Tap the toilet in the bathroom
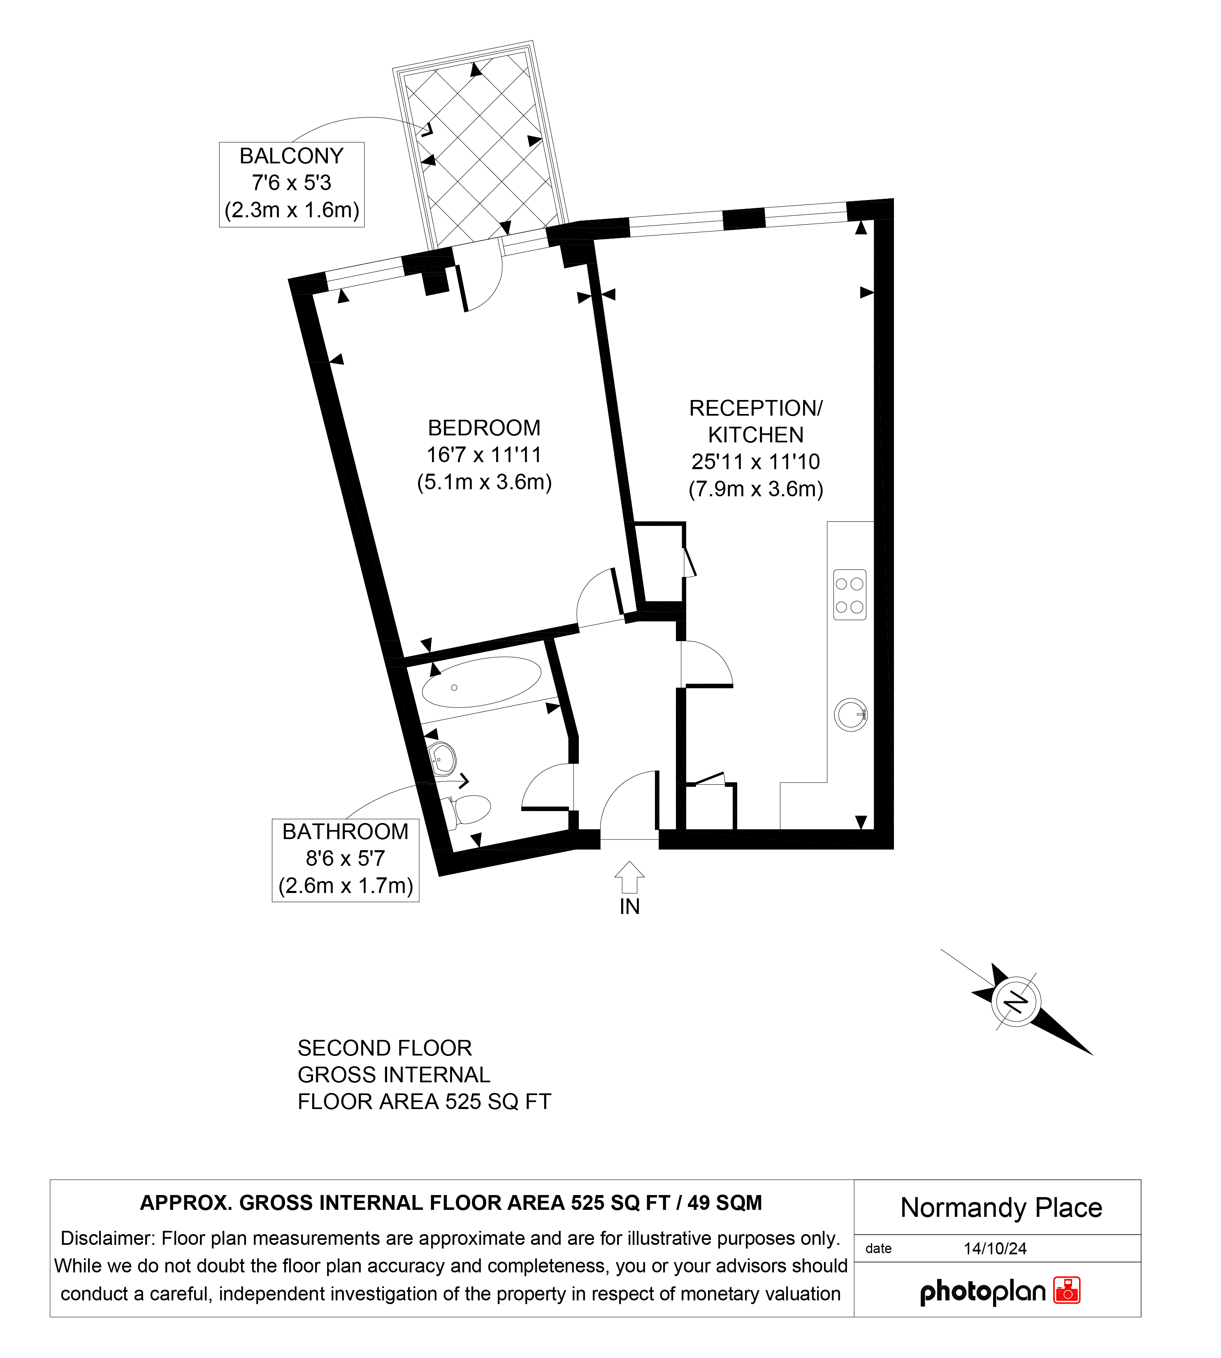468,810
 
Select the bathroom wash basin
442,759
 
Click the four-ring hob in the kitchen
850,595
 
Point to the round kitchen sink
851,714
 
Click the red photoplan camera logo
1067,1290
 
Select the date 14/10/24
995,1249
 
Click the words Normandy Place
1001,1208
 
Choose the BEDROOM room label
484,428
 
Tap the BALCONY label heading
291,156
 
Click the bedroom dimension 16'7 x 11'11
484,455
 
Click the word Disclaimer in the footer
108,1238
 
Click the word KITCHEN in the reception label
756,435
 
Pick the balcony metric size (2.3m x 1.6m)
292,210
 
